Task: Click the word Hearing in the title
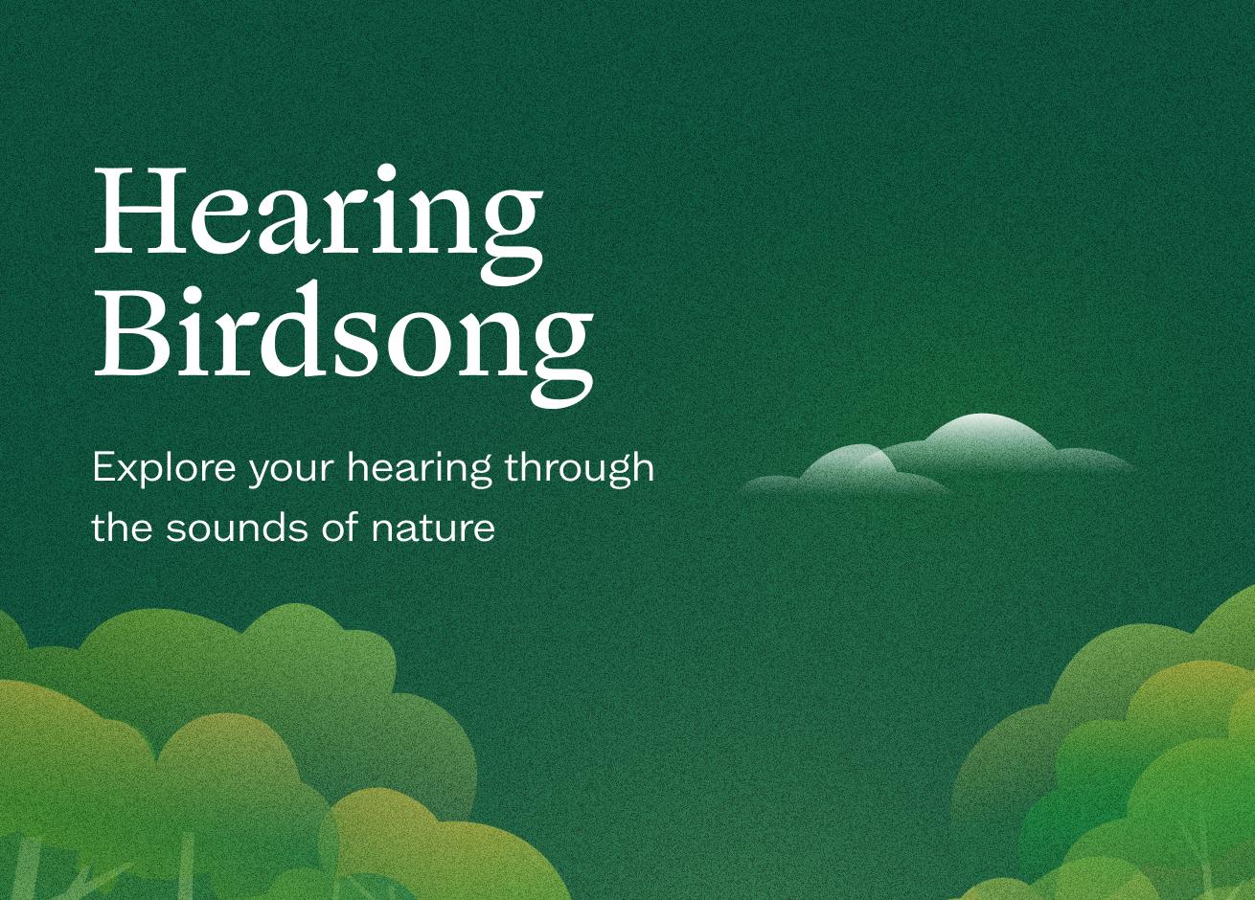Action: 318,225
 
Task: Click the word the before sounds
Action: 122,526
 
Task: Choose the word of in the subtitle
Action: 339,526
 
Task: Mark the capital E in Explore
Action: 105,467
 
